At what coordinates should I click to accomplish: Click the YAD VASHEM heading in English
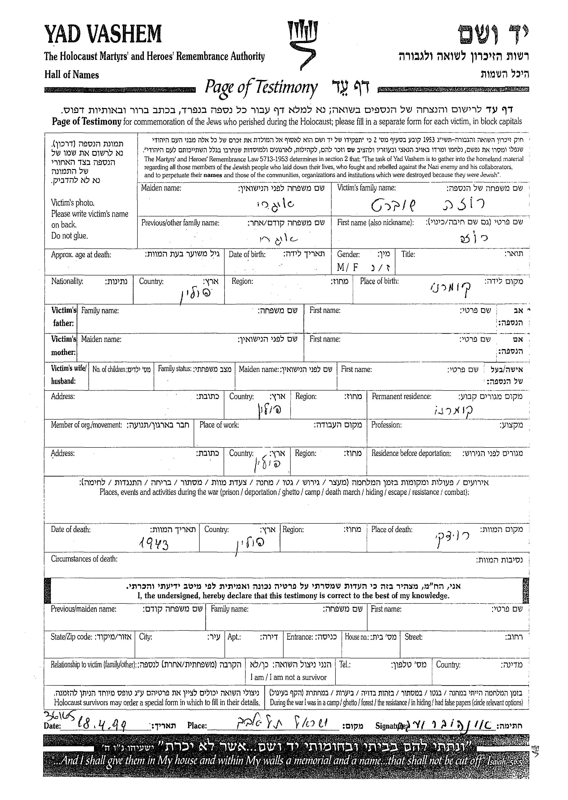click(x=103, y=34)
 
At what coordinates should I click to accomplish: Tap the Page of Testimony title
click(x=261, y=87)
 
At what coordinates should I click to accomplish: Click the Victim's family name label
click(x=366, y=188)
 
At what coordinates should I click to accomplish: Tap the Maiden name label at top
click(x=161, y=188)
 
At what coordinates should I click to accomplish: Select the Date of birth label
click(x=247, y=254)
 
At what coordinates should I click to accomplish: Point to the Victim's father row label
click(x=63, y=316)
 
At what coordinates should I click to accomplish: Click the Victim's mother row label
click(x=63, y=345)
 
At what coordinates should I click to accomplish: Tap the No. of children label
click(x=109, y=369)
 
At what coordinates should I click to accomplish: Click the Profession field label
click(x=386, y=425)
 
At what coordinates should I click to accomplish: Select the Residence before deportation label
click(x=411, y=453)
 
